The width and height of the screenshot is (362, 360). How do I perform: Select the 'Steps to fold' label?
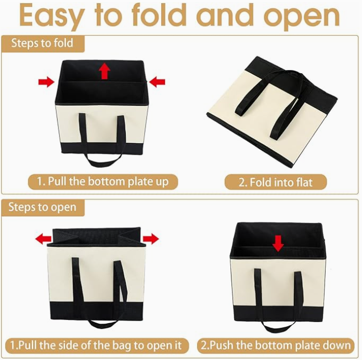click(42, 43)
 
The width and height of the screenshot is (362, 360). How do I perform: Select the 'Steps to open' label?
click(42, 207)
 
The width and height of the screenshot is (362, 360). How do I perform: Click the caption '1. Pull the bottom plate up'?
click(102, 182)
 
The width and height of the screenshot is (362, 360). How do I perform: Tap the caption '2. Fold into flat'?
click(275, 182)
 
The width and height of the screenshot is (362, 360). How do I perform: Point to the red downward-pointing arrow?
click(278, 243)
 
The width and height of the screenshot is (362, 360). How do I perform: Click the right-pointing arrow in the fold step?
click(46, 81)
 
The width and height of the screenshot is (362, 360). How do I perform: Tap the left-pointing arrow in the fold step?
click(157, 81)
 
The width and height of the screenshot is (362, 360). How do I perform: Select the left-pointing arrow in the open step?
click(43, 238)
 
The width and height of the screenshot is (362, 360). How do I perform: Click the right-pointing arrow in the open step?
click(151, 238)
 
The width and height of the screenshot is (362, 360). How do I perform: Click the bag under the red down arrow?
click(278, 281)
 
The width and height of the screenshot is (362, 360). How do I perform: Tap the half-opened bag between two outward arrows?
click(95, 278)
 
